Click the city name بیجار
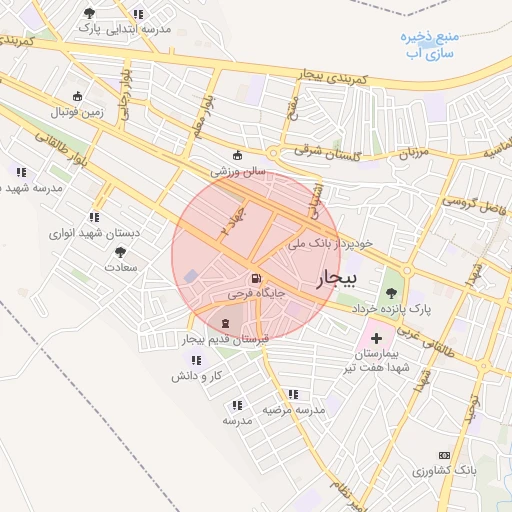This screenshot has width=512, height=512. click(x=336, y=281)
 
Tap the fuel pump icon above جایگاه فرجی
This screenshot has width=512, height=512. click(x=257, y=278)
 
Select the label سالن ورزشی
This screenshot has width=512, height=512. click(x=237, y=171)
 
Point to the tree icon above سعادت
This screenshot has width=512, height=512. click(x=120, y=253)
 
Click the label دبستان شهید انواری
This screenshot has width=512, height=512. click(x=95, y=233)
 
